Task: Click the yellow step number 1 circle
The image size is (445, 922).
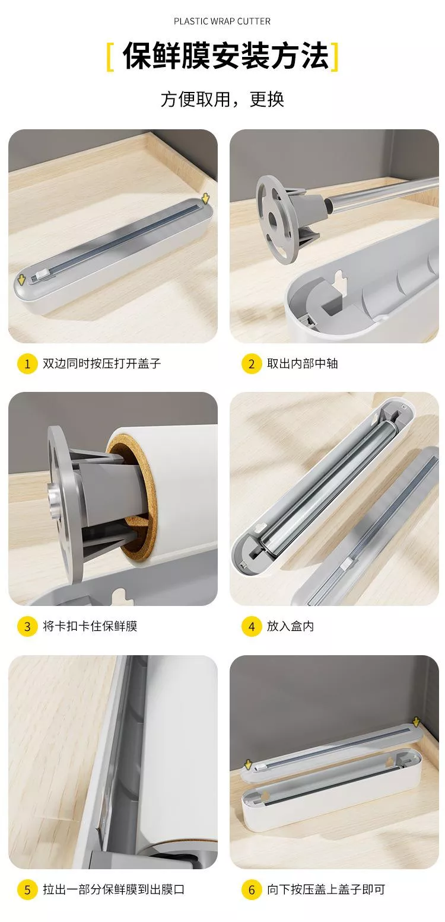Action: (x=27, y=363)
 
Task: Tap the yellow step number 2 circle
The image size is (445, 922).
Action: (x=252, y=363)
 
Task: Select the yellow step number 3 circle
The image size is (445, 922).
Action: (x=27, y=627)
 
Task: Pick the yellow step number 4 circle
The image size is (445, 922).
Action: (x=252, y=627)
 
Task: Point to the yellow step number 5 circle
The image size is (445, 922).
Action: (x=27, y=889)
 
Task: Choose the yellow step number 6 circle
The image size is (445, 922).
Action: (x=252, y=889)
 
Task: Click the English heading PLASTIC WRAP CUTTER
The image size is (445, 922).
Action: (x=222, y=21)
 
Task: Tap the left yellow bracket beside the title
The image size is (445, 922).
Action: (x=110, y=56)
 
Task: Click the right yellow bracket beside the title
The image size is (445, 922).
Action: (x=335, y=56)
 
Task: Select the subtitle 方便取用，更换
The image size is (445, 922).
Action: (x=222, y=99)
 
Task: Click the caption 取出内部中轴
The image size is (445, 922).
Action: (x=302, y=363)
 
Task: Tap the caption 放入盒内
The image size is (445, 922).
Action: (x=290, y=627)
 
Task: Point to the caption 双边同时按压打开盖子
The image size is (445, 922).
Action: (x=102, y=363)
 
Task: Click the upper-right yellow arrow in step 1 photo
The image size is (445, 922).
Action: (x=205, y=199)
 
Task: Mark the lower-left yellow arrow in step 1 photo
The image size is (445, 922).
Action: (x=21, y=280)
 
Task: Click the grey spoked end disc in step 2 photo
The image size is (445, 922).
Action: (x=277, y=219)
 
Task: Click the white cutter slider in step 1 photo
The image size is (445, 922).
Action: (x=39, y=275)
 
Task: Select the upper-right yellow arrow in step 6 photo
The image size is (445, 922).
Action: (x=416, y=722)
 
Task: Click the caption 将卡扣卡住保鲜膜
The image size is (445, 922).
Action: (x=90, y=627)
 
